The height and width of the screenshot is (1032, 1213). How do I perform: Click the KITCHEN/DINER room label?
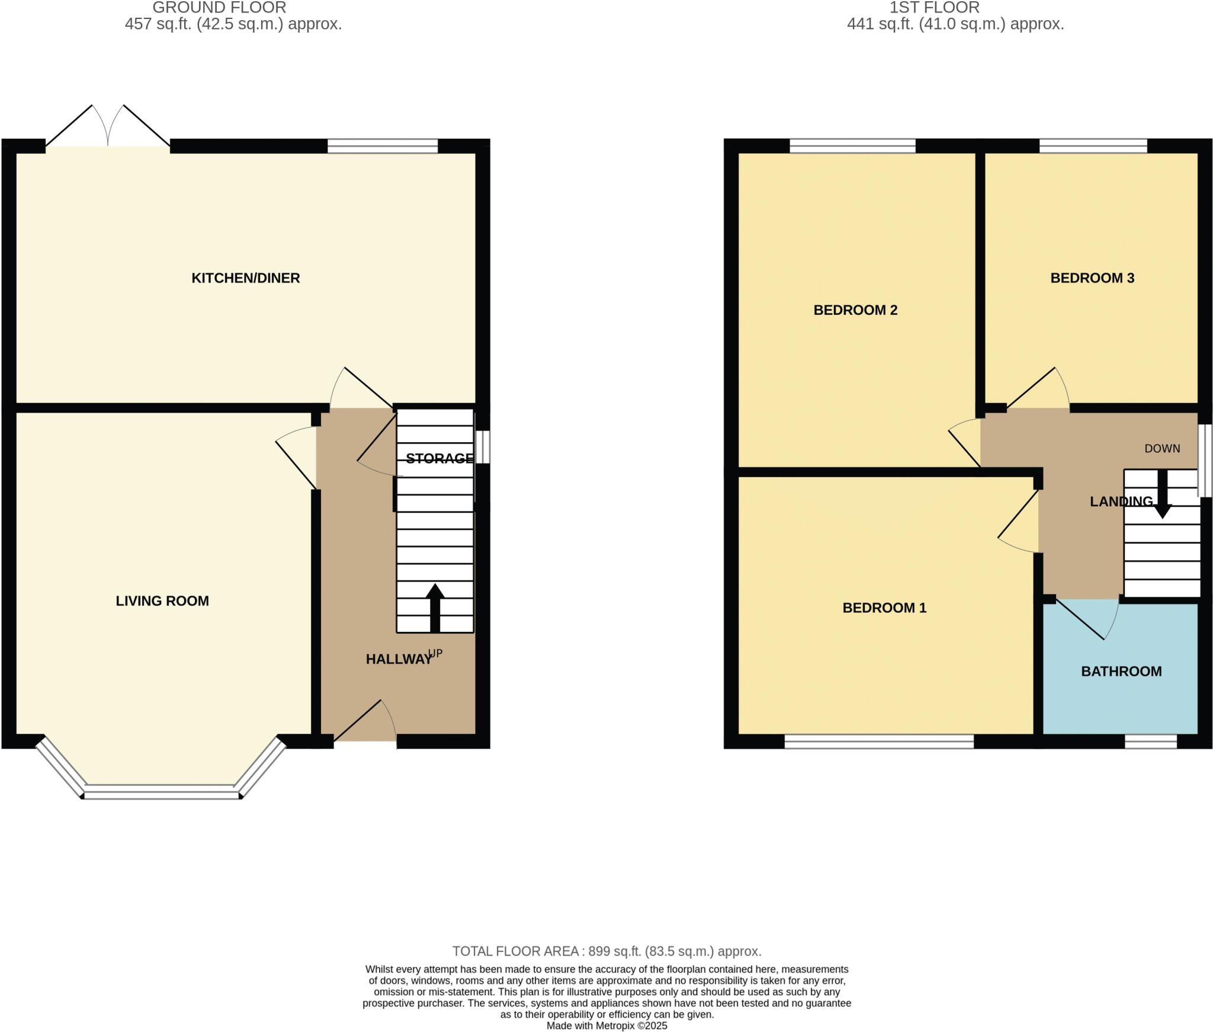pos(245,278)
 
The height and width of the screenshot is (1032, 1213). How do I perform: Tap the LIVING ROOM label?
pos(162,601)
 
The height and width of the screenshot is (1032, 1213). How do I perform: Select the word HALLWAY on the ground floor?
pos(399,659)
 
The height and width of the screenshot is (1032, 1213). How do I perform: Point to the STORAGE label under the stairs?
pos(439,458)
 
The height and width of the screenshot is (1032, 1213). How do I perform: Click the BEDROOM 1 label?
pos(884,608)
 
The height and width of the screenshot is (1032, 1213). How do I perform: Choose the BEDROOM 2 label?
pos(855,310)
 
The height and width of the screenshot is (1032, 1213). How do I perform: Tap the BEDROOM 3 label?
pos(1092,278)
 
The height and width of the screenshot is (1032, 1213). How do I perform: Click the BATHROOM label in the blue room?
pos(1121,672)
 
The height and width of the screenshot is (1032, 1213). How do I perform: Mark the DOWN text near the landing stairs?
pos(1162,449)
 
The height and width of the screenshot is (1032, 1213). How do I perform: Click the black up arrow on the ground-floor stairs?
pos(435,608)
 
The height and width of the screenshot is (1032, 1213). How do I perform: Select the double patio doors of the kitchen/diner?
pos(108,127)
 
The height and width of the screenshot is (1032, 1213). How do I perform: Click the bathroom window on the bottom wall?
pos(1150,742)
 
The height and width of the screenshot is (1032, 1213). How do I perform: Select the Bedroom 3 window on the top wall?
pos(1093,145)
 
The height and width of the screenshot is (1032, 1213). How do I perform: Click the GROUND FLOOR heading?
pos(219,8)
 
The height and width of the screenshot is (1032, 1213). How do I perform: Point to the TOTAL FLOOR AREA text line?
pos(606,951)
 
